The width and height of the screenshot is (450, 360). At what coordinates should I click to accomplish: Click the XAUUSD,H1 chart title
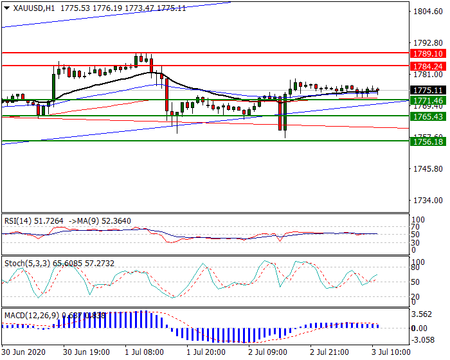30,8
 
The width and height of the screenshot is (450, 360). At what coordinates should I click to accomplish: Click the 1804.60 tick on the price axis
427,11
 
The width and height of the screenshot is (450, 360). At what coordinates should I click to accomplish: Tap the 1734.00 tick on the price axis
427,200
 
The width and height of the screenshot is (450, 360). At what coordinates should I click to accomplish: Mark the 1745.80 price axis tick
427,168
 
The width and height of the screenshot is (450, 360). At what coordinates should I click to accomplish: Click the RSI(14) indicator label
19,221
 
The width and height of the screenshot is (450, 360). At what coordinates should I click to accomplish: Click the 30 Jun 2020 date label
23,353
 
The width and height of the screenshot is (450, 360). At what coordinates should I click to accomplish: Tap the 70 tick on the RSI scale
418,227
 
